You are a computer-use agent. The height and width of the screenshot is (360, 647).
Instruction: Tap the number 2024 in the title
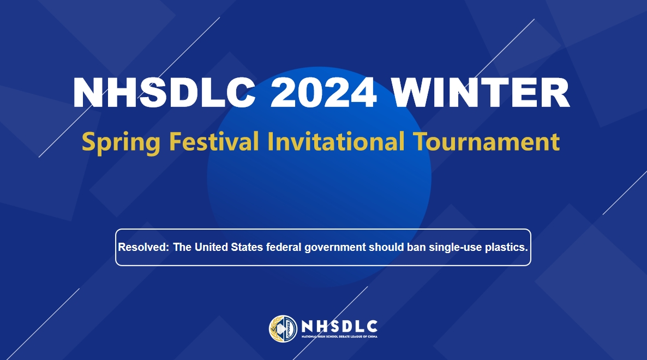pyautogui.click(x=323, y=93)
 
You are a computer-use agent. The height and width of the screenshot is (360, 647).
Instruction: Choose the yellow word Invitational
pyautogui.click(x=336, y=141)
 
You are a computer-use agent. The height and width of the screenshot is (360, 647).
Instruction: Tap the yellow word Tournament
pyautogui.click(x=486, y=141)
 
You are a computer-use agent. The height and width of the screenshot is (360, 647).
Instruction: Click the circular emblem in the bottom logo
pyautogui.click(x=283, y=329)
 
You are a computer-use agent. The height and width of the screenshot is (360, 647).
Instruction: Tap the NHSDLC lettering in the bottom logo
pyautogui.click(x=339, y=326)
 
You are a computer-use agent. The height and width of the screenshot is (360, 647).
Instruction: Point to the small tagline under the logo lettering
pyautogui.click(x=339, y=337)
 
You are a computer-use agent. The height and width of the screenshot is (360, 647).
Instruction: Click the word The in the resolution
pyautogui.click(x=182, y=247)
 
